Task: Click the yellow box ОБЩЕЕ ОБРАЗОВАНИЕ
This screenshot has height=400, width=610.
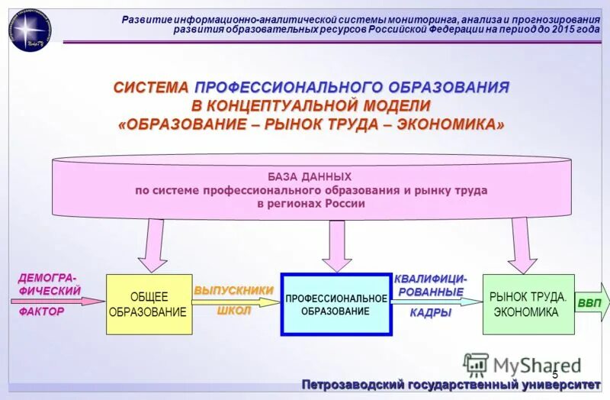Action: [x=148, y=304]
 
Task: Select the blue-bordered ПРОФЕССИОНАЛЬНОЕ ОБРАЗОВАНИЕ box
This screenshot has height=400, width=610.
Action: [x=336, y=304]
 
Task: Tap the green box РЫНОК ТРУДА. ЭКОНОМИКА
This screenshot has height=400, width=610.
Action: [x=528, y=304]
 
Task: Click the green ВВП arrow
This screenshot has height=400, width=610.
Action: [x=591, y=303]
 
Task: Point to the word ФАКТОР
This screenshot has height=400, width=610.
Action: [x=41, y=311]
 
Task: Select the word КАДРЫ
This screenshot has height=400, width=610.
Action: [x=431, y=312]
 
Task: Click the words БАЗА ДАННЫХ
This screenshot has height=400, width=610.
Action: [x=310, y=176]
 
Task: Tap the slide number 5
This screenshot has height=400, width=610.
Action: [x=554, y=374]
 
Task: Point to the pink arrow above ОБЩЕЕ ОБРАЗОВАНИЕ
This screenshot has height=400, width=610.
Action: [x=152, y=244]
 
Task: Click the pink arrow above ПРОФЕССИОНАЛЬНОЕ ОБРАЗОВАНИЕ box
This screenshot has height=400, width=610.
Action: [x=336, y=244]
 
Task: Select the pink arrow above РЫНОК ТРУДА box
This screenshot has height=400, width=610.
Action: [x=522, y=244]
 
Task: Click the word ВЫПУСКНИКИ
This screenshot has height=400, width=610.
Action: [x=233, y=290]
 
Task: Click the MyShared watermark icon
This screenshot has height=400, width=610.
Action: [x=476, y=365]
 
